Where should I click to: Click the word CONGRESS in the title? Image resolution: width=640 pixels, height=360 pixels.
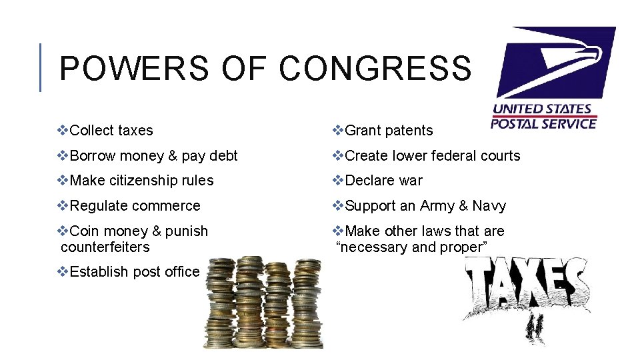point(375,68)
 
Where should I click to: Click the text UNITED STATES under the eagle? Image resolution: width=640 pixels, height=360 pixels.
point(542,109)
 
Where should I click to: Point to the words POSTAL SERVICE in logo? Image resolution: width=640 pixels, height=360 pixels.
point(543,123)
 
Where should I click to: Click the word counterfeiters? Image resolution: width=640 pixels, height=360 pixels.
point(105,247)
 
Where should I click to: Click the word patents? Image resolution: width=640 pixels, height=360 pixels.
point(409,131)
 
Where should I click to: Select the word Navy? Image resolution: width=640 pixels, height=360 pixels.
point(489,206)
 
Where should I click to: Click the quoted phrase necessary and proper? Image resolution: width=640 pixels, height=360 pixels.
point(411,247)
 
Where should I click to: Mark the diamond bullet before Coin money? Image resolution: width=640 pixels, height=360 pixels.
point(63,231)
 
